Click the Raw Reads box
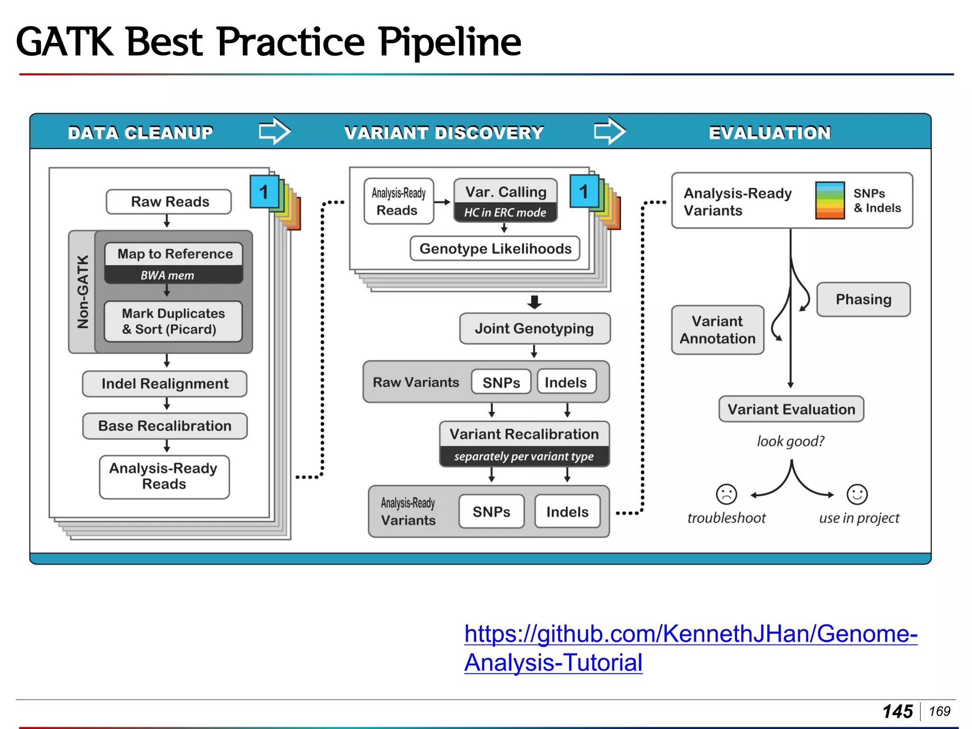click(x=169, y=202)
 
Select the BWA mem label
click(x=167, y=275)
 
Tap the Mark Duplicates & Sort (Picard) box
click(x=173, y=321)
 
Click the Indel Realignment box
click(x=165, y=383)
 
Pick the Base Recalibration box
click(x=165, y=426)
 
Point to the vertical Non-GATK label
click(x=83, y=292)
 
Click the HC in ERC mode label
click(x=505, y=213)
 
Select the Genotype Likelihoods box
click(x=495, y=249)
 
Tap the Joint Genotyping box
click(x=534, y=328)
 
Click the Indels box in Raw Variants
click(x=566, y=382)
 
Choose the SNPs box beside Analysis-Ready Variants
click(x=491, y=512)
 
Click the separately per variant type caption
click(x=524, y=457)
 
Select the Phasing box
click(x=863, y=299)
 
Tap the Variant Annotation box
click(x=717, y=330)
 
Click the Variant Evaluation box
click(x=791, y=409)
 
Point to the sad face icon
click(x=726, y=495)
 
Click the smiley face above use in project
click(x=857, y=495)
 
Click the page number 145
click(x=897, y=711)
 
